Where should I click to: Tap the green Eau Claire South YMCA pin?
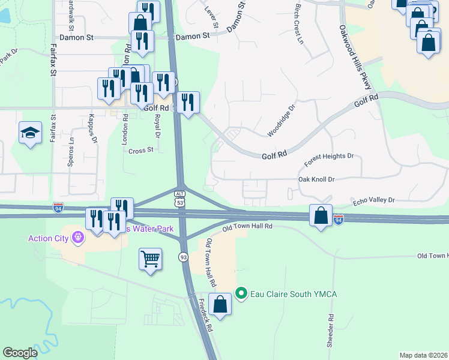click(x=241, y=293)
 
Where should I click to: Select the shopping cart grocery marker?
click(x=150, y=260)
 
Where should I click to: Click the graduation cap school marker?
click(x=30, y=133)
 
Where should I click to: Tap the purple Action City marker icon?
click(x=78, y=238)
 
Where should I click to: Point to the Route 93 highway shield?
click(x=182, y=257)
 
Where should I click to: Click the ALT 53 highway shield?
click(x=179, y=197)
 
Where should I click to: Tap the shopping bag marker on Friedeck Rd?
click(x=220, y=304)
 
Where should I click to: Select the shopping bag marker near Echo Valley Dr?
click(x=322, y=215)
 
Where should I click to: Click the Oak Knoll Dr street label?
click(x=316, y=179)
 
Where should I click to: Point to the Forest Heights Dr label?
click(x=329, y=160)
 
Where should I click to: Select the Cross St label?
click(x=141, y=151)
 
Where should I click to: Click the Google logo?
click(x=20, y=352)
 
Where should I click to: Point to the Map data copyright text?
click(x=423, y=355)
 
